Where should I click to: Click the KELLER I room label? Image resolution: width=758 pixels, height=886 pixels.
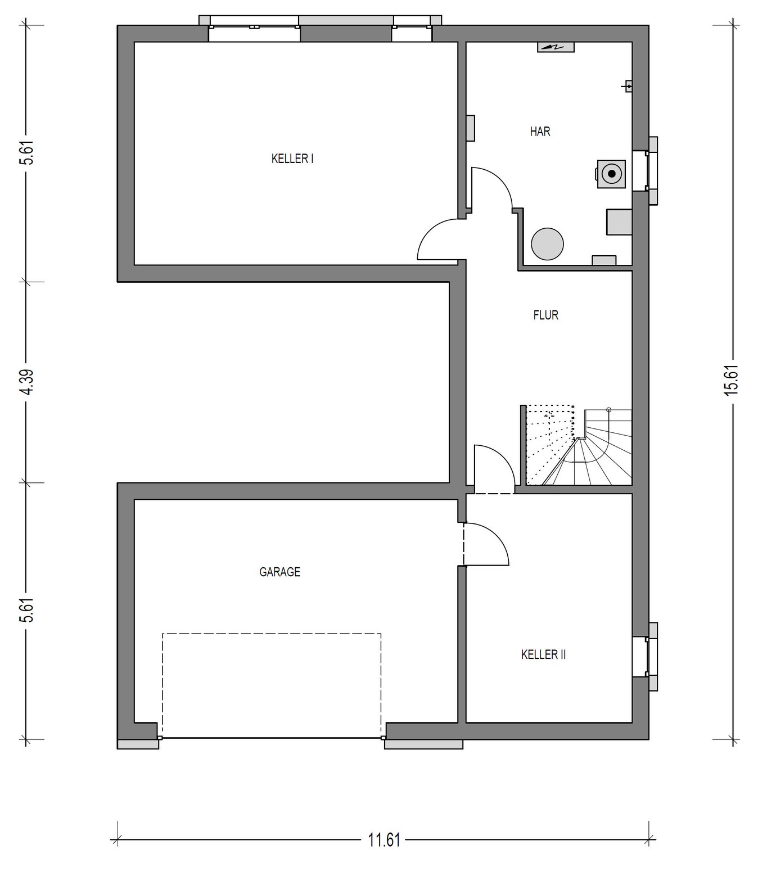click(x=292, y=159)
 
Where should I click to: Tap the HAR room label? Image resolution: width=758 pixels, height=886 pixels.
click(x=540, y=131)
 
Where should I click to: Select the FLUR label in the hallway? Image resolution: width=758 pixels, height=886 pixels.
click(x=545, y=315)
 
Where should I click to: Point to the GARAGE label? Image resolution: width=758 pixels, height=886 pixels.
click(x=279, y=572)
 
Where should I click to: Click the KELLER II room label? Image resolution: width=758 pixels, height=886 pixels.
click(x=543, y=654)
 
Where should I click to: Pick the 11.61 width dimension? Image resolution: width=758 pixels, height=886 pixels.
click(x=384, y=840)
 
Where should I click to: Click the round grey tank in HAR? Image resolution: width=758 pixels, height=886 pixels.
click(x=547, y=243)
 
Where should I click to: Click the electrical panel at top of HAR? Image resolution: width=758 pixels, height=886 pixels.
click(x=556, y=47)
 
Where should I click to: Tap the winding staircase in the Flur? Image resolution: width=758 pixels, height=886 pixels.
click(x=577, y=445)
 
